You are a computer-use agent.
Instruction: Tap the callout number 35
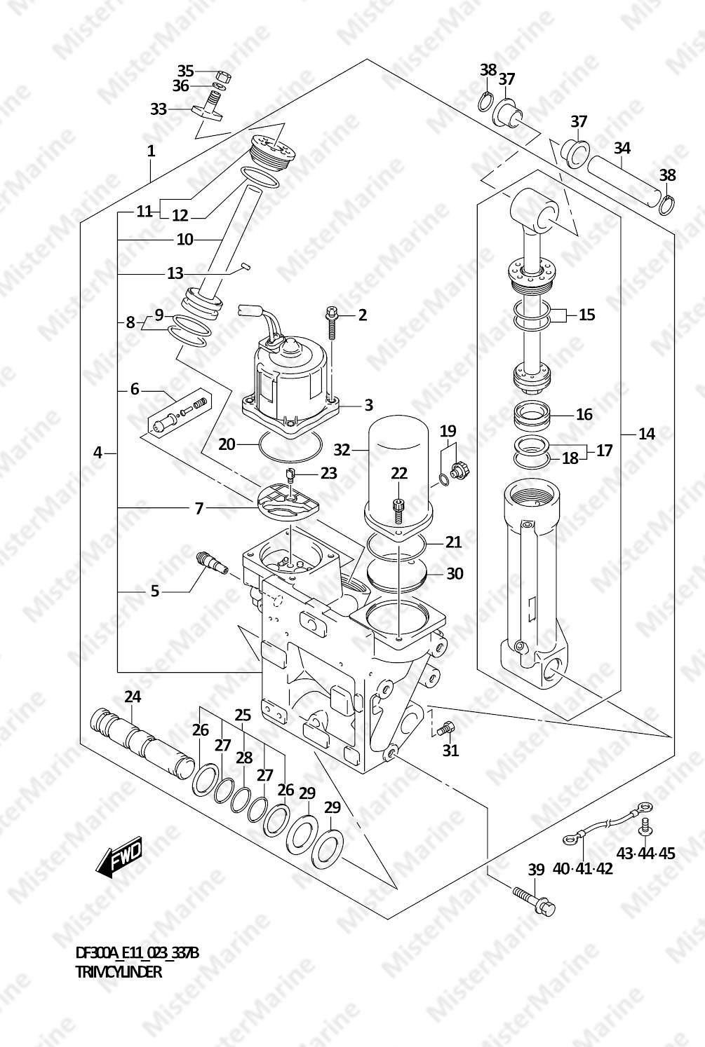[185, 71]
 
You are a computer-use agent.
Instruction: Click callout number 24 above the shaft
[133, 697]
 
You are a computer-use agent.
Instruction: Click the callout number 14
[647, 434]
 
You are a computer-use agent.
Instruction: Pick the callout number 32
[342, 450]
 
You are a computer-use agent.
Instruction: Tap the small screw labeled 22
[398, 510]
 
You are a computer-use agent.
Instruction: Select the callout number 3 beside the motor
[369, 405]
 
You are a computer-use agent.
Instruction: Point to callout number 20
[227, 444]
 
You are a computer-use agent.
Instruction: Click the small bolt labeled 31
[445, 728]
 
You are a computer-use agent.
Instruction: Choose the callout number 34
[622, 148]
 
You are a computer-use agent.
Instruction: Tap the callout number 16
[584, 414]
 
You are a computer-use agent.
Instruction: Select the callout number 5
[155, 591]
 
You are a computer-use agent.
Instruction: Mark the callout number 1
[151, 151]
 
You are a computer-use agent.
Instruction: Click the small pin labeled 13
[245, 266]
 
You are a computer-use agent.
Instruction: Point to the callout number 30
[455, 573]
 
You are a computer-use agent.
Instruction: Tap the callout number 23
[329, 473]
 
